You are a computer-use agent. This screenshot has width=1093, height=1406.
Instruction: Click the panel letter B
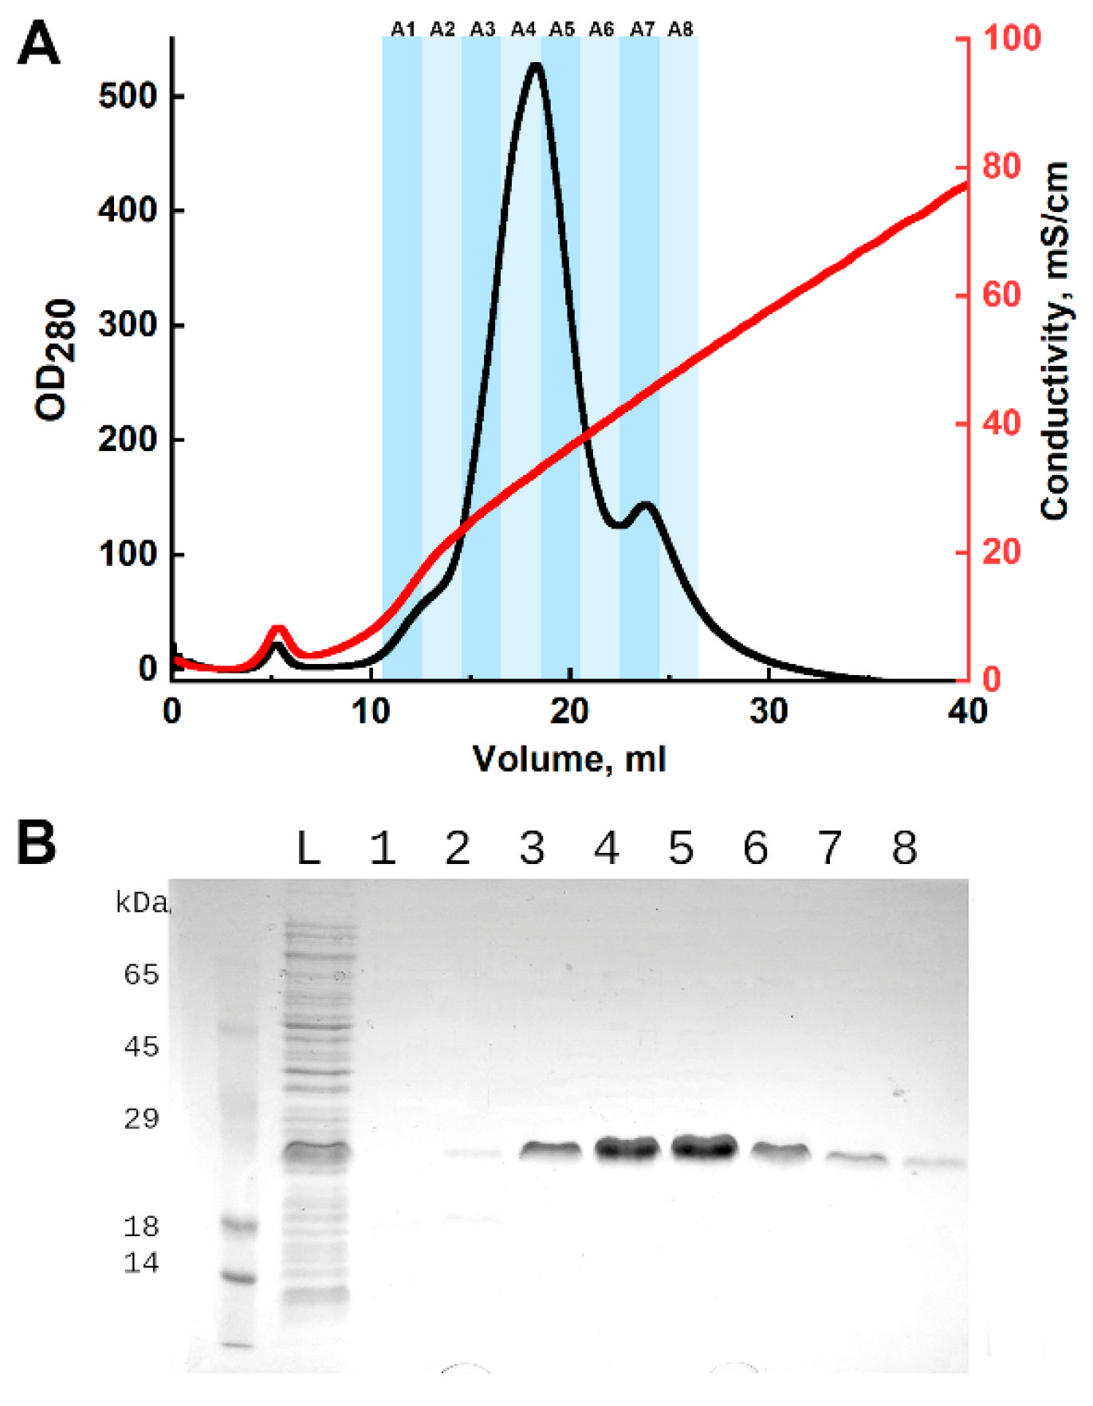pos(37,843)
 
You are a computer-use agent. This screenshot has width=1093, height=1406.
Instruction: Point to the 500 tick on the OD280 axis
pos(128,96)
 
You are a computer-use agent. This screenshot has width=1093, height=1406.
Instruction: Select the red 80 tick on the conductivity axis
pos(1001,167)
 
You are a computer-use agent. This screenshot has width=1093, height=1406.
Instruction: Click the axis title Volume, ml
pos(569,759)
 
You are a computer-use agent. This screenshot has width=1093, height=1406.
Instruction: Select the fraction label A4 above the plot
pos(523,29)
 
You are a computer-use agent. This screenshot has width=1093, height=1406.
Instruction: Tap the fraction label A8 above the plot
pos(680,29)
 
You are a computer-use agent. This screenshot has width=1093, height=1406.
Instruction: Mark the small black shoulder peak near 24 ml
pos(646,505)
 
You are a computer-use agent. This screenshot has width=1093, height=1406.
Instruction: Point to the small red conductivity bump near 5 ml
pos(277,630)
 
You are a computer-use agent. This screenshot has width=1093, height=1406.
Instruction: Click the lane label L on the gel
pos(309,849)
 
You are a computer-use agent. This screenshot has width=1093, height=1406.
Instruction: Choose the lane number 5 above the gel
pos(681,849)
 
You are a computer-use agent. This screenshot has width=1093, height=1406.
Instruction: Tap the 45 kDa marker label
pos(141,1047)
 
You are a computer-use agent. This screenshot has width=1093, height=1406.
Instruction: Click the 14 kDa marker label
pos(141,1263)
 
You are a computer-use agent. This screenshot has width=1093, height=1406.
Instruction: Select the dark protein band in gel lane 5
pos(703,1148)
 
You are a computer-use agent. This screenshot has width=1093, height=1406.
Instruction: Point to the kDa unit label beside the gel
pos(142,903)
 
